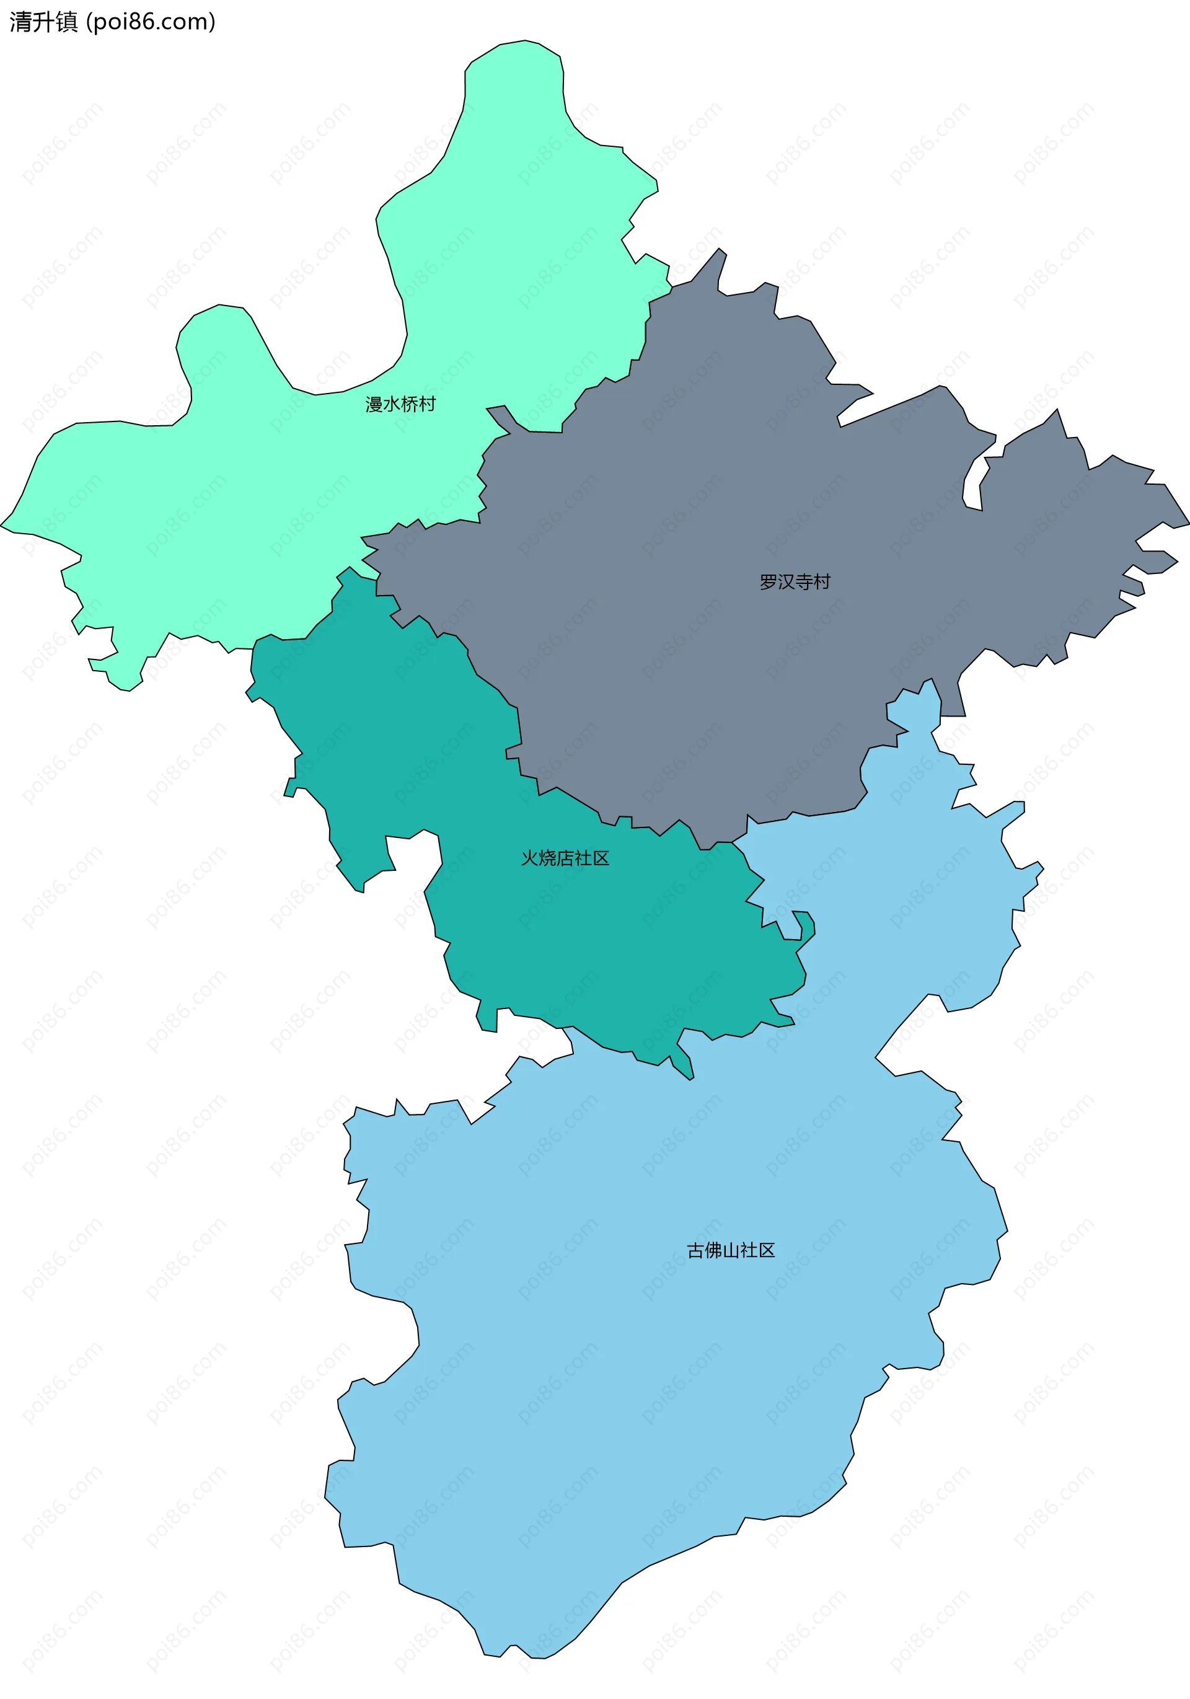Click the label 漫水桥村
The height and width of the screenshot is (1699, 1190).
[x=400, y=404]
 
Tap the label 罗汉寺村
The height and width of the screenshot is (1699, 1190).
[x=795, y=581]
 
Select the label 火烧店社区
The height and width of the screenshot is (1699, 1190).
[x=565, y=858]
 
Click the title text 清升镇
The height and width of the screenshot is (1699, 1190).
[x=43, y=22]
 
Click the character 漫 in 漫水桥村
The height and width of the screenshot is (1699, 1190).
[x=374, y=404]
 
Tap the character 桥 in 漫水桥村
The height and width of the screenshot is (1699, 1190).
[x=409, y=404]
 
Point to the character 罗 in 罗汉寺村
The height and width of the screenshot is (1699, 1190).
[x=768, y=581]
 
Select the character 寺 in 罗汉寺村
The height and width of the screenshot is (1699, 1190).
[x=804, y=581]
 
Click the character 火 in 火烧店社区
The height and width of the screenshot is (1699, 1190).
[x=530, y=858]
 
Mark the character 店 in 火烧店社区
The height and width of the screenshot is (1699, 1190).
[x=565, y=858]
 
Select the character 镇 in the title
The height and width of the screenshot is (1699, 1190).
[x=66, y=22]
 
